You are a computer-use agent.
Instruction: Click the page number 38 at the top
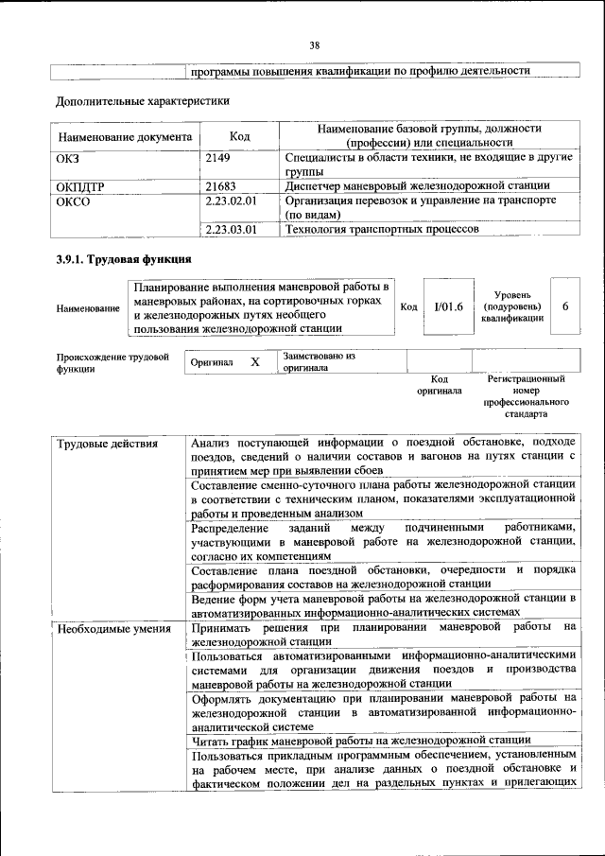click(x=314, y=44)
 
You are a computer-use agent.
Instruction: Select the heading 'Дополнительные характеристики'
click(x=143, y=99)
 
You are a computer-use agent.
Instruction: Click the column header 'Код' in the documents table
click(x=240, y=136)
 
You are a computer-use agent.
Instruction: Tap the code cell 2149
click(x=219, y=157)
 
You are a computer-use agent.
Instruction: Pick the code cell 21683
click(x=222, y=186)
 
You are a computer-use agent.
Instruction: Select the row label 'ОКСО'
click(x=74, y=201)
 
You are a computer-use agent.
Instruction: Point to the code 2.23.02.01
click(x=232, y=201)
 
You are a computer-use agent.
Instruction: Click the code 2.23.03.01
click(x=232, y=228)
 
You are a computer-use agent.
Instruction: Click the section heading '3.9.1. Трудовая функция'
click(x=124, y=259)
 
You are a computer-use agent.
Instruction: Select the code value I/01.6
click(x=441, y=306)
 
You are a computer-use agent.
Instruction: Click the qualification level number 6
click(x=564, y=306)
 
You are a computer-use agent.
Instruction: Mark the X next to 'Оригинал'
click(x=254, y=362)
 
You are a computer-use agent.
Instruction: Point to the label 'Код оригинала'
click(x=440, y=384)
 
